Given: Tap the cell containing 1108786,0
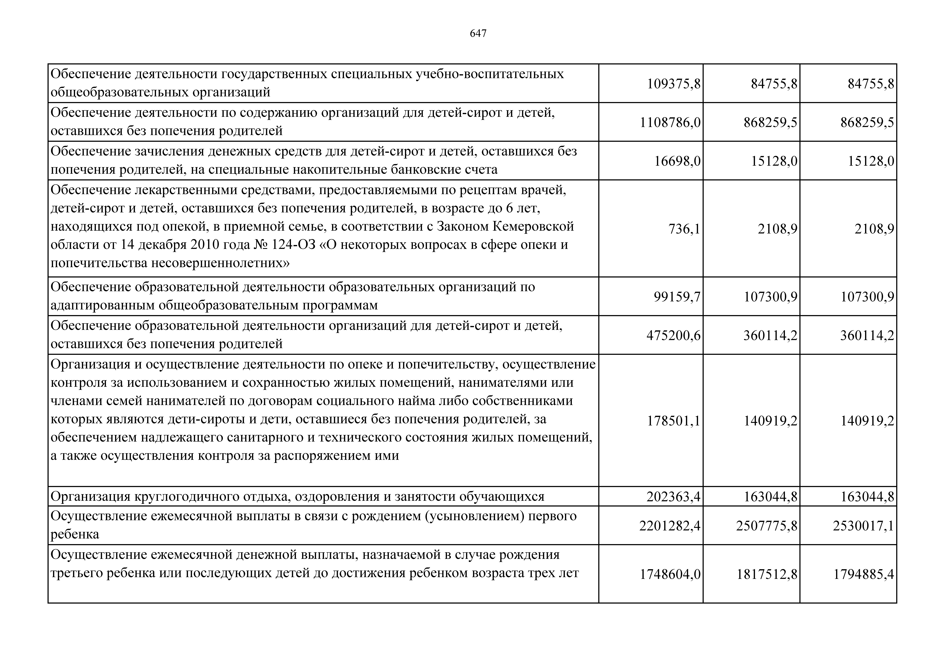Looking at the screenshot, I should tap(670, 122).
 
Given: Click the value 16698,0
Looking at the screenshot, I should tap(677, 161).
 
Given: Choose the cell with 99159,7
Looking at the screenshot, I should tap(677, 297).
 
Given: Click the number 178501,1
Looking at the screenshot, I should tap(673, 421).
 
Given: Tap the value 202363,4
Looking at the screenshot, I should tap(673, 497).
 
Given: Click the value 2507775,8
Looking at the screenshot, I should tap(766, 526).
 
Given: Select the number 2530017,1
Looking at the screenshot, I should tap(863, 526).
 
